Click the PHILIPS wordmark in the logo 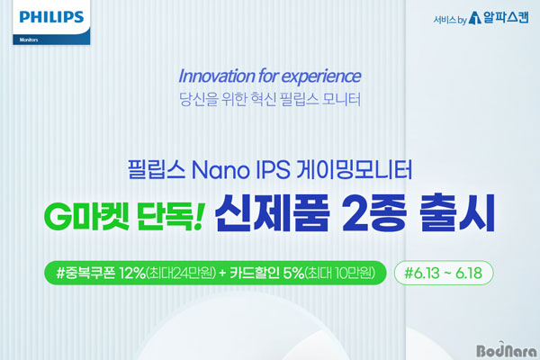(51, 17)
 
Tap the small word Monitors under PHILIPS (29, 40)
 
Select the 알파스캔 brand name (506, 17)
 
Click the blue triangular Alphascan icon (475, 18)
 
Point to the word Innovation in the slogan (217, 76)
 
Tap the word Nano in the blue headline (220, 170)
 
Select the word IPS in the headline (273, 170)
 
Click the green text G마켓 (86, 218)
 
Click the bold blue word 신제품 (272, 213)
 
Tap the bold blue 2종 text (374, 214)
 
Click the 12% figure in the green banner (132, 274)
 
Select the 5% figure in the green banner (293, 274)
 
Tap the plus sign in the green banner (223, 274)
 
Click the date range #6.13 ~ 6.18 (443, 274)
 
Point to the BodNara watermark (507, 350)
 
